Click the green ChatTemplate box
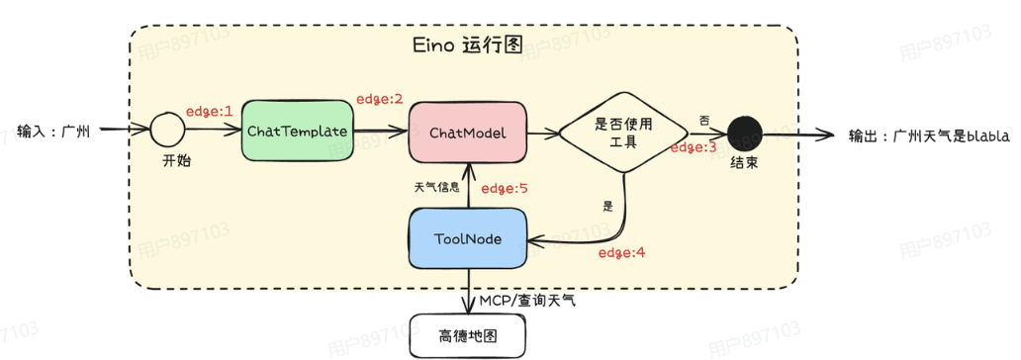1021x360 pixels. [x=297, y=131]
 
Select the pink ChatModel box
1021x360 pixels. [x=468, y=132]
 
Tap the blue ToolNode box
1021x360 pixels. [x=467, y=238]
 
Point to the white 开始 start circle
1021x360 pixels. [x=169, y=130]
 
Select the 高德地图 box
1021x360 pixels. [x=467, y=336]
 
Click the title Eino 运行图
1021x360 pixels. [x=464, y=46]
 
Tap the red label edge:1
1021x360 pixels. [x=208, y=111]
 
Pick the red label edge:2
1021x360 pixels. [x=380, y=99]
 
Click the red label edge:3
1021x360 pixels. [x=694, y=147]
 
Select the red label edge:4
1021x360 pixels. [x=622, y=252]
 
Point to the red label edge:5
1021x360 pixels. [x=506, y=188]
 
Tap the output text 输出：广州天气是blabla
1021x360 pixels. [x=929, y=136]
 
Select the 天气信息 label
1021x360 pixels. [x=436, y=186]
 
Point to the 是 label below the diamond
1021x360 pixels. [x=607, y=207]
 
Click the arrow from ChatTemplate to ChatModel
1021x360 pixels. [x=380, y=131]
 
